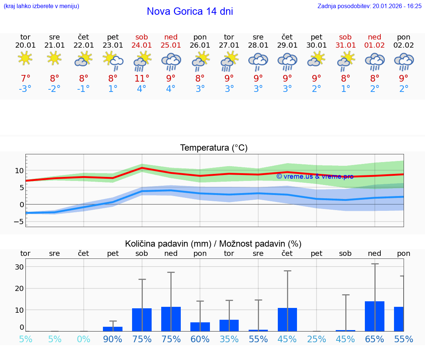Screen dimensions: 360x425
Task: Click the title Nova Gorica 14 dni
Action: (x=190, y=11)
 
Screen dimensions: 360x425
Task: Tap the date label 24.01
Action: (x=142, y=45)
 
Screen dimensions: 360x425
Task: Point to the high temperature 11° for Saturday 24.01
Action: (x=142, y=78)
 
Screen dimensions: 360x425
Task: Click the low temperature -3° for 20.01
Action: (x=25, y=89)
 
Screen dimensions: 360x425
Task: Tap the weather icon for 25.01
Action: (x=171, y=61)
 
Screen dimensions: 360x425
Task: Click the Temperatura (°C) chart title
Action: (x=214, y=148)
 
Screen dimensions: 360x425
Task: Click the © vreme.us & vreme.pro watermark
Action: (x=315, y=176)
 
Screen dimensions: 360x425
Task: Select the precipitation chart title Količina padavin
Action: (x=213, y=244)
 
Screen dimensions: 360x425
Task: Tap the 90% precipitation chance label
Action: (x=113, y=339)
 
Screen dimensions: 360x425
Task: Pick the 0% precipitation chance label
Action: (x=84, y=339)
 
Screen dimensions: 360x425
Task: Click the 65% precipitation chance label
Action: (x=374, y=339)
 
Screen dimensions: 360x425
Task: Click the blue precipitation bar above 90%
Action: (x=113, y=329)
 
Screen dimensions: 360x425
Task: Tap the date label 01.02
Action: (x=374, y=45)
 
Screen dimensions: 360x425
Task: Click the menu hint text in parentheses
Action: (x=41, y=6)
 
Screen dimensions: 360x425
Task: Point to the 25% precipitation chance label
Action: (x=316, y=339)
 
